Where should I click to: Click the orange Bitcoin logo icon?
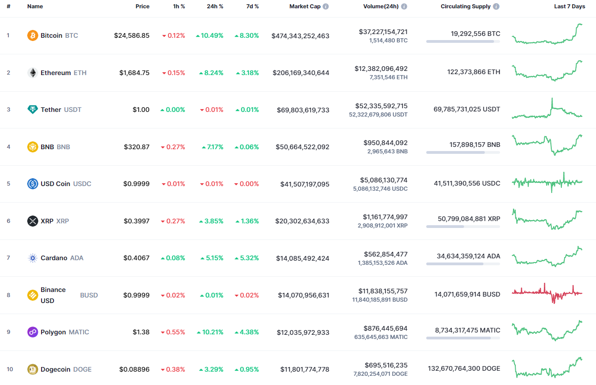click(33, 35)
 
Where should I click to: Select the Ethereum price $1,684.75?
click(134, 73)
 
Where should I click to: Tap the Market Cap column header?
click(304, 6)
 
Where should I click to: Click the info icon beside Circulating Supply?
click(496, 7)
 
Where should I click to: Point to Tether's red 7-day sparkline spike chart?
click(547, 110)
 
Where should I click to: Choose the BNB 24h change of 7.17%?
click(212, 147)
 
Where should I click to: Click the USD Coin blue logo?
click(33, 184)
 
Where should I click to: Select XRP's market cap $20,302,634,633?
click(302, 221)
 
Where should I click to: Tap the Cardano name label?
click(54, 258)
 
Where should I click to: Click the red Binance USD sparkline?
click(547, 292)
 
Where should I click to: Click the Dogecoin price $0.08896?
click(134, 369)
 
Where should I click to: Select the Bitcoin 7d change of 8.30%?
click(247, 35)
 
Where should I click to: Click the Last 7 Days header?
click(569, 6)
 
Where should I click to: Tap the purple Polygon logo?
click(33, 332)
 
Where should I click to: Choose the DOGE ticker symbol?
click(82, 369)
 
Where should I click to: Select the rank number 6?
click(8, 221)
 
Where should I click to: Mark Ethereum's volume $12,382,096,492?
click(381, 69)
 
